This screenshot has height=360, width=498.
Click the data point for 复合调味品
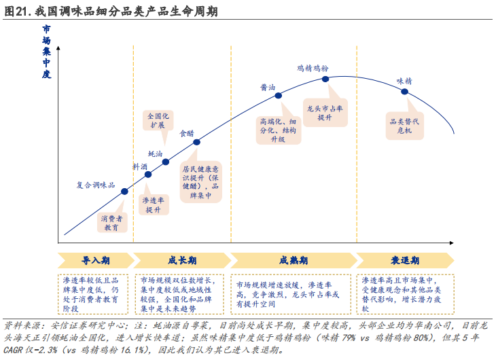pos(125,191)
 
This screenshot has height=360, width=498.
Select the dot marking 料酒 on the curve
pos(148,175)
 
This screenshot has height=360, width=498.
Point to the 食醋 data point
pos(197,142)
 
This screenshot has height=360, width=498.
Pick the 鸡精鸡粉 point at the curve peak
pos(325,79)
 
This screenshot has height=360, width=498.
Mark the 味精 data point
pos(405,91)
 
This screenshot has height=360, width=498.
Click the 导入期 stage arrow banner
pos(94,261)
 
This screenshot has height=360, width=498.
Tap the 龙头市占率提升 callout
pos(325,113)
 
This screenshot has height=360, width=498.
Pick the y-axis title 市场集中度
pos(46,52)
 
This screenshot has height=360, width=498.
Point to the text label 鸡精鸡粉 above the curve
pos(313,69)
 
